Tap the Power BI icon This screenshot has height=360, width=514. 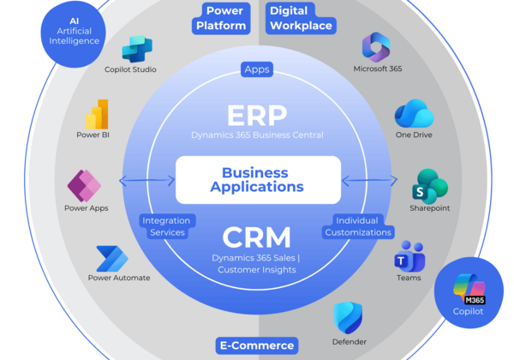point(97,114)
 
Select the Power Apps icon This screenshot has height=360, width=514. point(84,183)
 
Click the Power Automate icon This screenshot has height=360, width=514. point(111,256)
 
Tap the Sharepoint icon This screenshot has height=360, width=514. point(430,185)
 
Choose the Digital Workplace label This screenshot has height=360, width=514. point(300,17)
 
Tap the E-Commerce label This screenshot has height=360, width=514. point(256,345)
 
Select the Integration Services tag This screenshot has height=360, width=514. point(165,226)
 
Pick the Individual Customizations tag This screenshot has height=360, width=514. point(357,226)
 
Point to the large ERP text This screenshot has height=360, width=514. point(257,117)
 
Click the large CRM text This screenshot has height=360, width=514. point(256,237)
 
